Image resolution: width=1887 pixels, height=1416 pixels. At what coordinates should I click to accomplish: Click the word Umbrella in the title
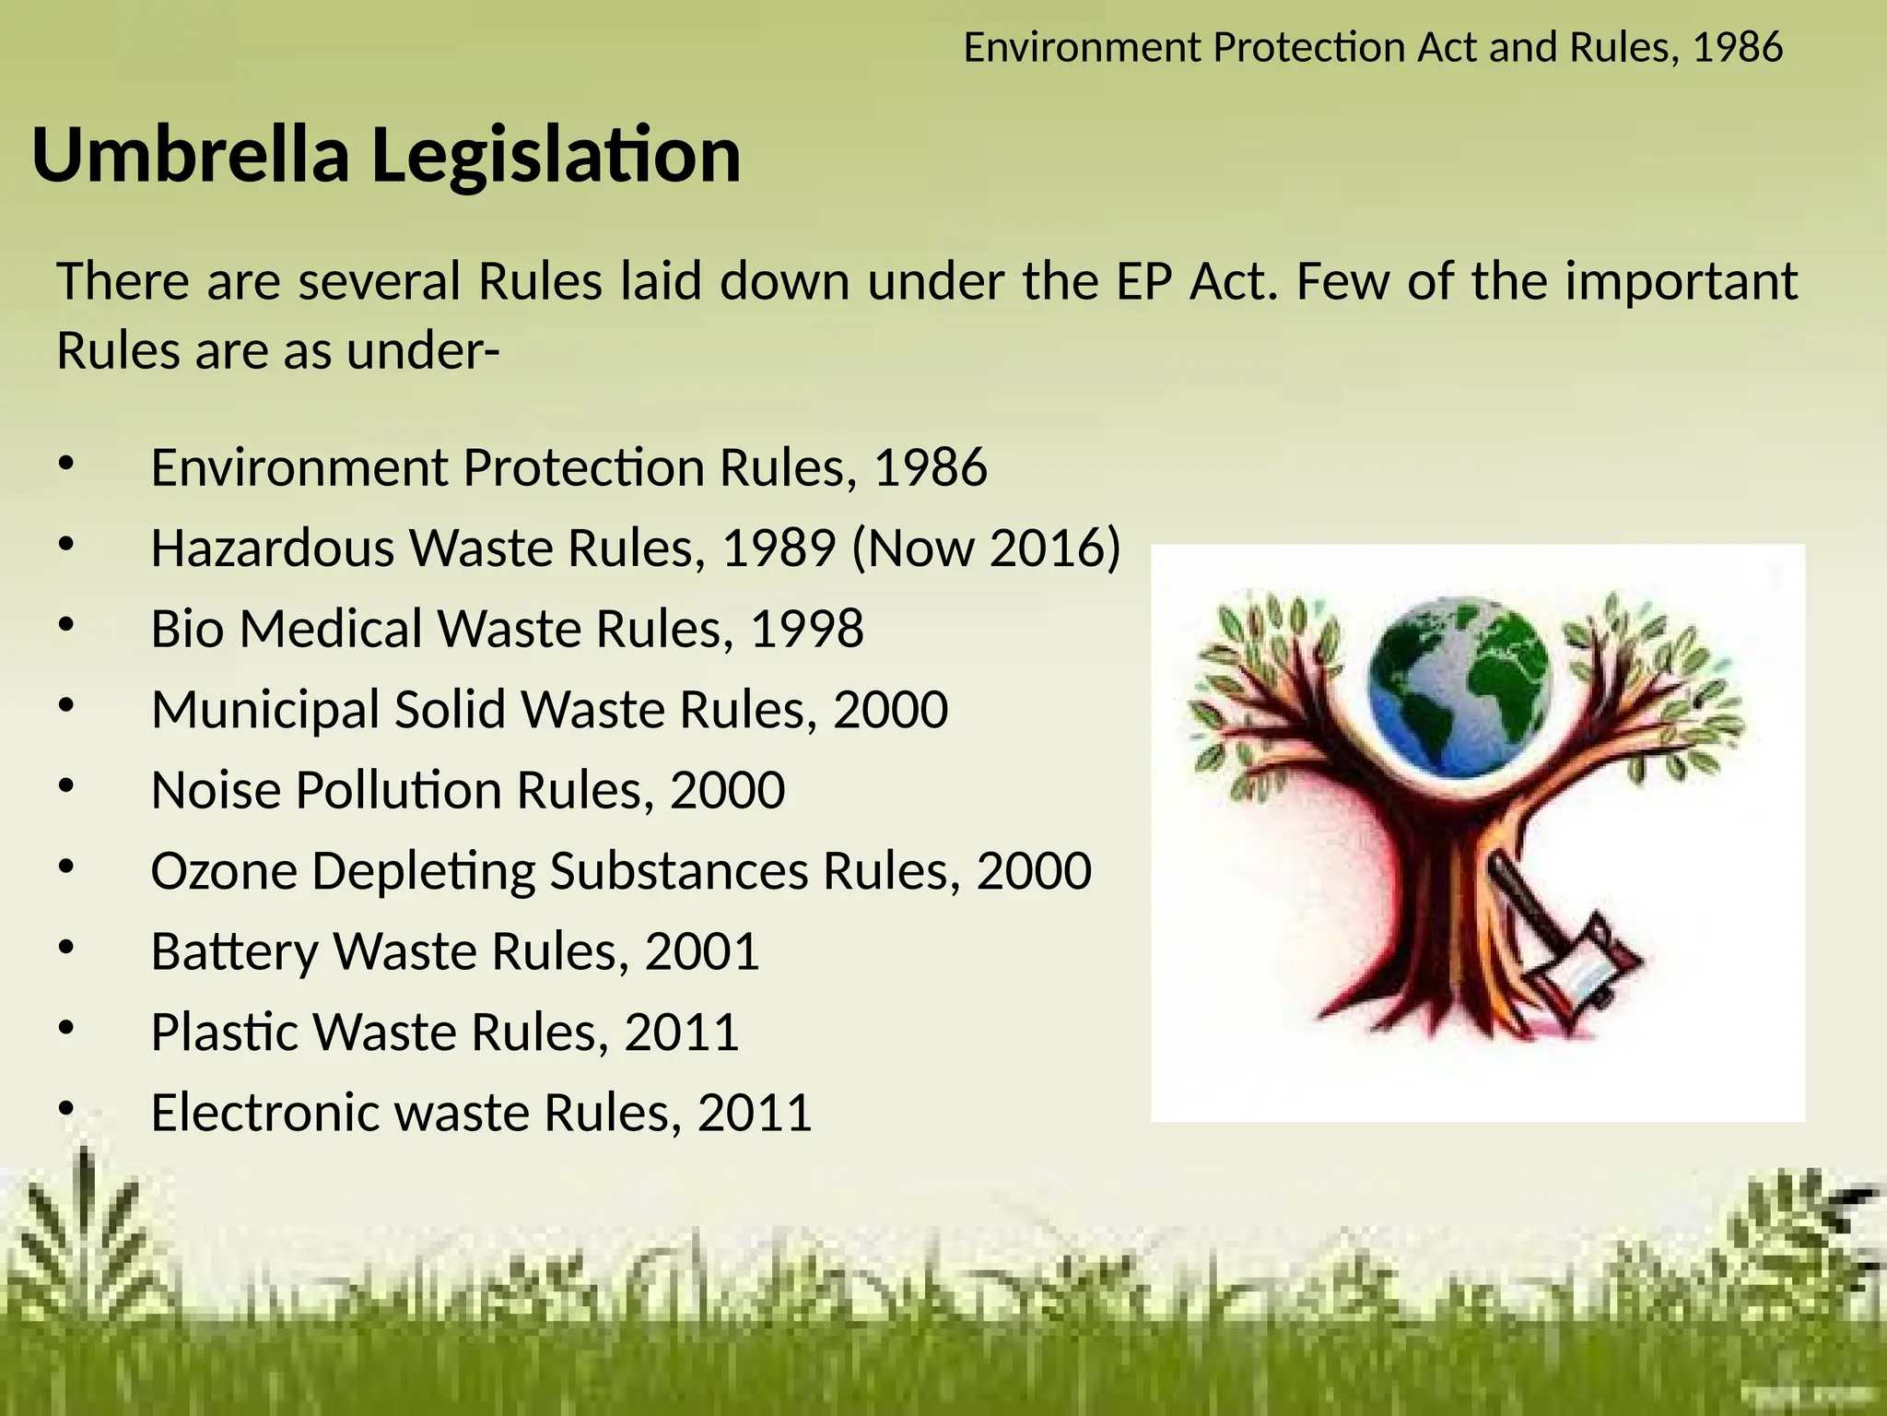pos(191,155)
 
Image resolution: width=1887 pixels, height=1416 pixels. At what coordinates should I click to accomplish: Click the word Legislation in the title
pos(556,155)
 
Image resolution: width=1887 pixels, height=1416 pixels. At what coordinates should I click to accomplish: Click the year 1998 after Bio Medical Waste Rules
pos(807,629)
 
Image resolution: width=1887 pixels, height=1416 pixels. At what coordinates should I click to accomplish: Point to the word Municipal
pos(265,710)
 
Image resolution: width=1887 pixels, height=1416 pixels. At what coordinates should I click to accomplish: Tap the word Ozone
pos(224,870)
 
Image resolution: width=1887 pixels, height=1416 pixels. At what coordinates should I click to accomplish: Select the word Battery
pos(234,951)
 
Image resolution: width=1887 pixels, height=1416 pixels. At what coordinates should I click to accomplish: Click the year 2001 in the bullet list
pos(702,951)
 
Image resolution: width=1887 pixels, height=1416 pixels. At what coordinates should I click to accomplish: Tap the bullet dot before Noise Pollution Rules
pos(64,786)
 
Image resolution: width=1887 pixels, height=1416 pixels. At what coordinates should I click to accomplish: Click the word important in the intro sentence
pos(1681,281)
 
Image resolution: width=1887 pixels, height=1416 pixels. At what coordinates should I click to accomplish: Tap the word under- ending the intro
pos(423,350)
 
